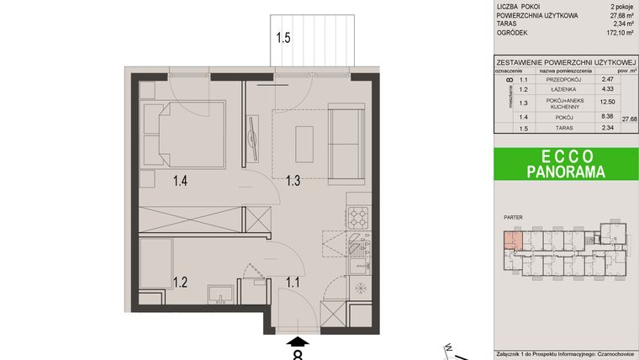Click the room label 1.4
click(180, 179)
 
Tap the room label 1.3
click(293, 179)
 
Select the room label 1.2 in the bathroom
click(180, 281)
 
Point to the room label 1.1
click(293, 281)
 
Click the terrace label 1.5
click(284, 38)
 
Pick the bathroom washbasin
click(224, 295)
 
